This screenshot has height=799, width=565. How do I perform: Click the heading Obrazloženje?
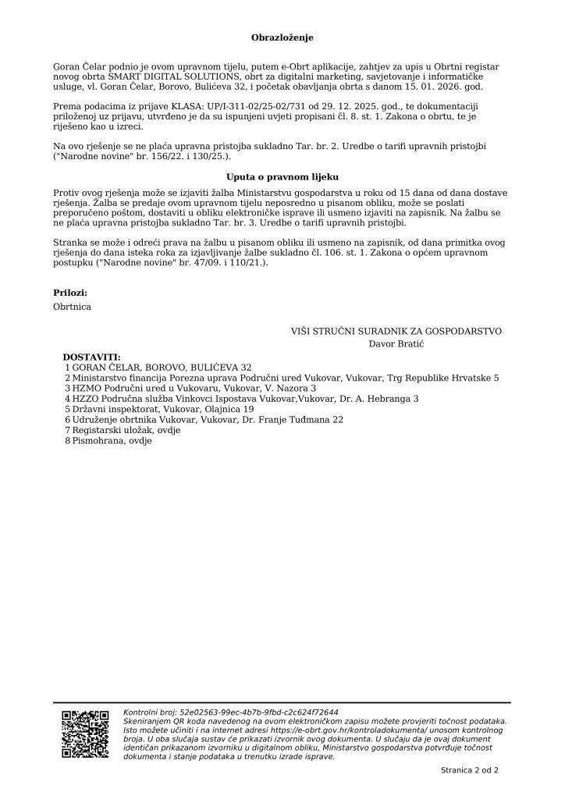point(282,37)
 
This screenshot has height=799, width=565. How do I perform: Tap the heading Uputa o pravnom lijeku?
point(282,178)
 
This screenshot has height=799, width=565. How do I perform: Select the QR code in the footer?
point(85,732)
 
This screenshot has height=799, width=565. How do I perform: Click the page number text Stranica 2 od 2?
point(469,770)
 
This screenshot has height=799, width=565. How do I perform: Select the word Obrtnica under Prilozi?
point(72,307)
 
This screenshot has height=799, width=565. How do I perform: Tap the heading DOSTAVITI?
point(92,356)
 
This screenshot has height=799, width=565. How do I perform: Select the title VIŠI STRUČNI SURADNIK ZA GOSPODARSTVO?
point(396,331)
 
